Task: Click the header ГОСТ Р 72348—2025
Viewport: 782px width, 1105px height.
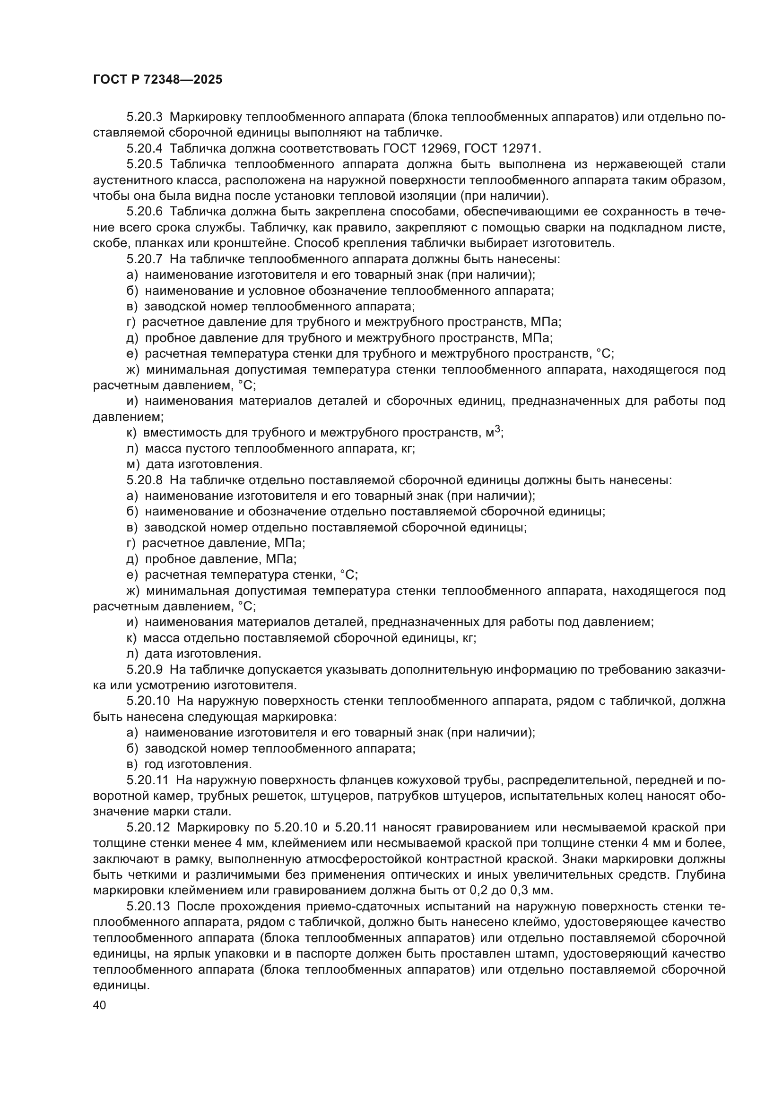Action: [x=157, y=80]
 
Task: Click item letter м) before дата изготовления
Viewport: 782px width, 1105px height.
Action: [x=133, y=464]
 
